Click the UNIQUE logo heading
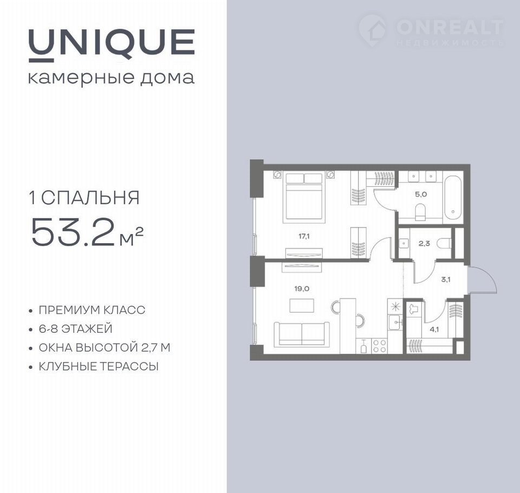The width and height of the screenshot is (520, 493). (112, 45)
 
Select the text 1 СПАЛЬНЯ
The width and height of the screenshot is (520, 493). (84, 198)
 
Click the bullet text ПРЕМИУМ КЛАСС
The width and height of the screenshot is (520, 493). (92, 310)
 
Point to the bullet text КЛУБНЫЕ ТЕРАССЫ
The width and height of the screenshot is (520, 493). (99, 367)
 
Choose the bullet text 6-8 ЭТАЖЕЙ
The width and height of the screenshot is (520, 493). (76, 329)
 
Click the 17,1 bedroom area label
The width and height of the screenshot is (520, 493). (304, 237)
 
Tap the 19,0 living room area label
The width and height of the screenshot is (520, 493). (302, 289)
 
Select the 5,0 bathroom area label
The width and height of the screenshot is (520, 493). (421, 194)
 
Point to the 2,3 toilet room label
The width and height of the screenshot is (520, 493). (424, 243)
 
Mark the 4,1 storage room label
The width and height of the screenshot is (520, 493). (434, 329)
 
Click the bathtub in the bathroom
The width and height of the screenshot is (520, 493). (453, 197)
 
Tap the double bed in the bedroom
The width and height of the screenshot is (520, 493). (304, 198)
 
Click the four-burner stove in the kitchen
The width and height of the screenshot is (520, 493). (380, 346)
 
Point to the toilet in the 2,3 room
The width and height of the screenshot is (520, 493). (444, 244)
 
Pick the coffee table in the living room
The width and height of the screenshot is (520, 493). (302, 306)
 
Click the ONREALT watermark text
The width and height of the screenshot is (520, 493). (450, 27)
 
